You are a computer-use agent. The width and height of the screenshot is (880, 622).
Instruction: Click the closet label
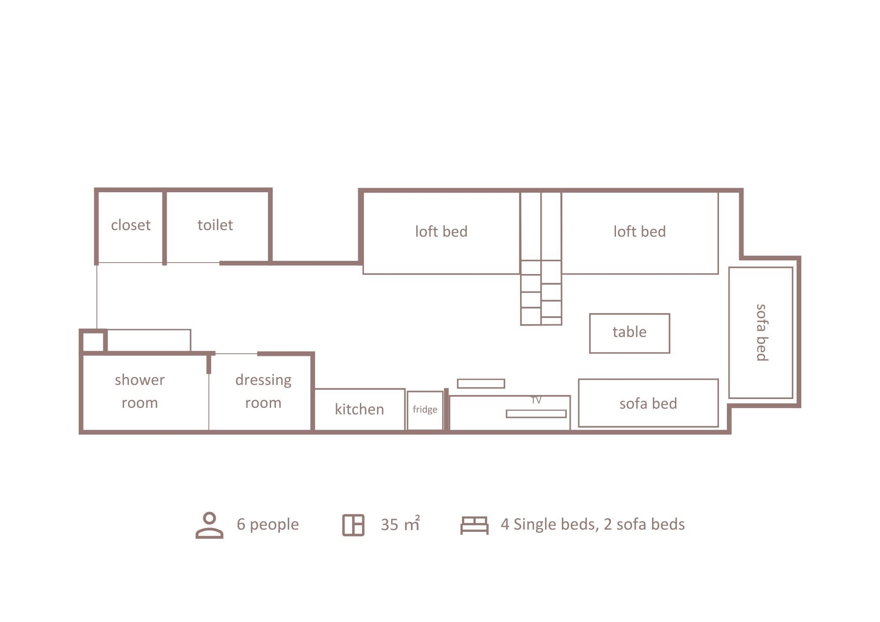click(x=131, y=225)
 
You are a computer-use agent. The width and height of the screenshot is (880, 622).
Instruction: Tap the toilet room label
click(x=215, y=225)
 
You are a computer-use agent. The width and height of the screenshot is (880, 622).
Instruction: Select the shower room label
click(x=139, y=391)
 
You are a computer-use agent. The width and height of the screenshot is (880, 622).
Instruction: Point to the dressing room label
click(x=263, y=391)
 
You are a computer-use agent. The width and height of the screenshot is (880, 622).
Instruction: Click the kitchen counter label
click(x=359, y=409)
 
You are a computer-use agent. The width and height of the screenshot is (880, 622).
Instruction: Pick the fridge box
click(x=425, y=411)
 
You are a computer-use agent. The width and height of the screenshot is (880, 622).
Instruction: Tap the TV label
click(x=536, y=400)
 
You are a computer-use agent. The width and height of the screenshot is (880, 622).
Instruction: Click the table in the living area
click(x=630, y=333)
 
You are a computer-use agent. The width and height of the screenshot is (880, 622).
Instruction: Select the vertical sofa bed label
click(x=762, y=333)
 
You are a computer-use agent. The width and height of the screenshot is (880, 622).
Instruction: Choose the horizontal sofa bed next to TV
click(x=648, y=403)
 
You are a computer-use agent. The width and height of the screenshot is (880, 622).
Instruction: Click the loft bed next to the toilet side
click(x=441, y=232)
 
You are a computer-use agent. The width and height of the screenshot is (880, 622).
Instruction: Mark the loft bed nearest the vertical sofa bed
click(x=640, y=232)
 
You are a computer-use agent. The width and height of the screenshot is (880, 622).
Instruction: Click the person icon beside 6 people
click(x=209, y=525)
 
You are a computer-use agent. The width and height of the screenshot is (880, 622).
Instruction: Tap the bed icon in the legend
click(x=474, y=525)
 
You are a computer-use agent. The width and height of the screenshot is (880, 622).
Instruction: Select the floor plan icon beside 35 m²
click(x=353, y=525)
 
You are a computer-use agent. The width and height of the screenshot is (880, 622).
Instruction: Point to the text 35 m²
click(x=400, y=524)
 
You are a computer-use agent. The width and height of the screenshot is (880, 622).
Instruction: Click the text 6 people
click(x=268, y=524)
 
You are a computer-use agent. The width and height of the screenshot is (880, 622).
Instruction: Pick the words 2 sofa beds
click(x=644, y=524)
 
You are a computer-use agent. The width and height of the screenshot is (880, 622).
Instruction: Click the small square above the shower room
click(x=93, y=341)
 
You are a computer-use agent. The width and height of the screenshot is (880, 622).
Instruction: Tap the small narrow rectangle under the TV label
click(x=536, y=413)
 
